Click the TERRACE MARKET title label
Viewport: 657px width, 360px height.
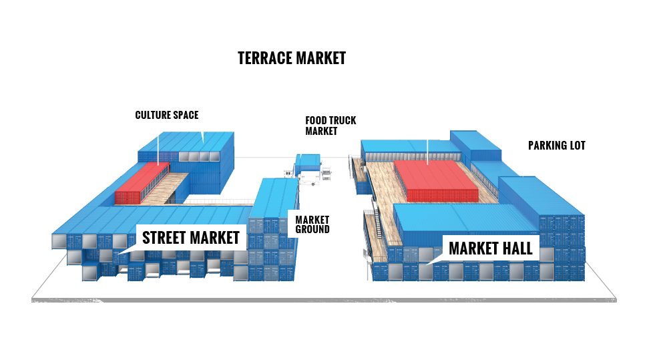click(292, 58)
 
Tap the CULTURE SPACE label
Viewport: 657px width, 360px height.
click(167, 115)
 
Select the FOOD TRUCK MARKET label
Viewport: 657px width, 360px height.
click(331, 126)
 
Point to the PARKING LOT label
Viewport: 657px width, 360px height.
click(557, 145)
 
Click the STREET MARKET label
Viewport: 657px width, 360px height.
click(190, 237)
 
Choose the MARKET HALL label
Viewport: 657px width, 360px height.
click(490, 248)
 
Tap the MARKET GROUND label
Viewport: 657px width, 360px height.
click(312, 223)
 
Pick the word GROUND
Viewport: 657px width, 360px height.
click(312, 229)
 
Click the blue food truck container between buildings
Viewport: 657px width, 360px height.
click(308, 162)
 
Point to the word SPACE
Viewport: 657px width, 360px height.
click(187, 115)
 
